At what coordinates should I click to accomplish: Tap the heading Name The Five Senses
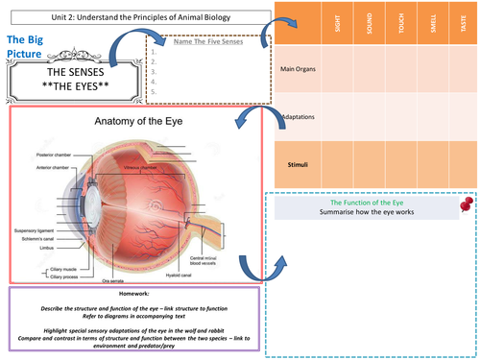(x=207, y=43)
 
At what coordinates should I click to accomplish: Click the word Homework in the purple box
(x=128, y=294)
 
